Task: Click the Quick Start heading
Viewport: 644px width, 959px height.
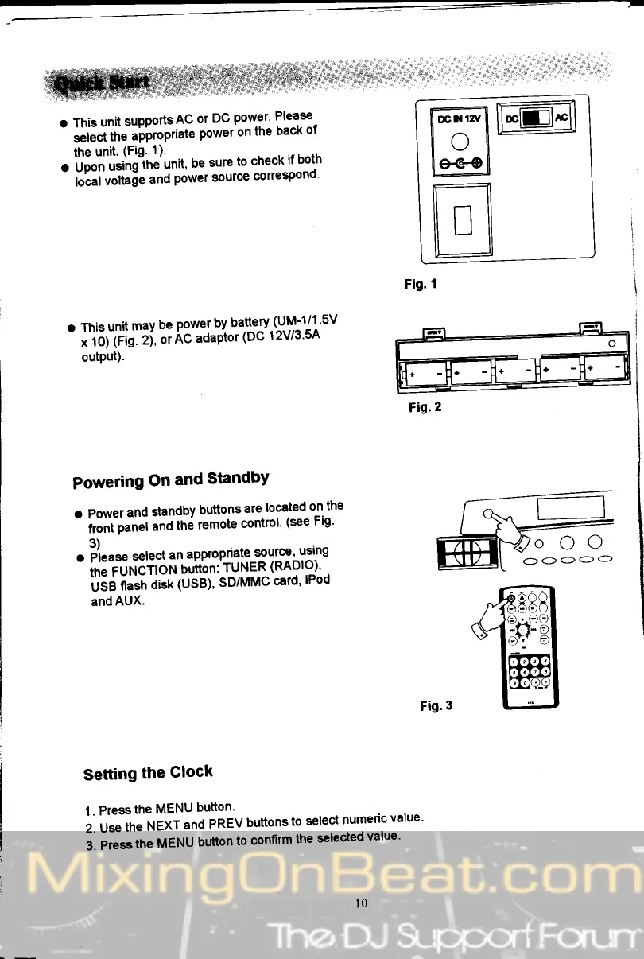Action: click(x=103, y=83)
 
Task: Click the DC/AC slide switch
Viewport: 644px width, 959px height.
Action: click(x=537, y=118)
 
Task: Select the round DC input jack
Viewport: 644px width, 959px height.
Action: click(x=459, y=143)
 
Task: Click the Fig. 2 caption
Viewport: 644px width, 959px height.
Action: click(x=425, y=407)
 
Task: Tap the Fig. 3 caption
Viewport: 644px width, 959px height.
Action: click(x=436, y=705)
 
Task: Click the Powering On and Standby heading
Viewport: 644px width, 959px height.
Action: click(x=170, y=480)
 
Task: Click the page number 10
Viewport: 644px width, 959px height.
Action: click(x=362, y=903)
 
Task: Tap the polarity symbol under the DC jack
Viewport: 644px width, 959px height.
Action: click(x=459, y=165)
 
